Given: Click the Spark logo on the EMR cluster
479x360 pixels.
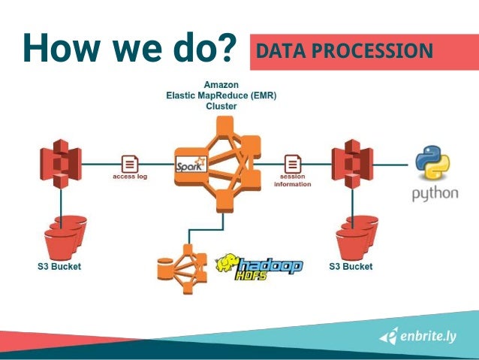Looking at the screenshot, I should [x=191, y=163].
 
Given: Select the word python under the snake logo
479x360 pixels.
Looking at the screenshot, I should [x=435, y=193].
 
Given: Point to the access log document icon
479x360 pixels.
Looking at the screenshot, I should [x=130, y=163].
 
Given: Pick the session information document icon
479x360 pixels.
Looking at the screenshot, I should [x=293, y=163].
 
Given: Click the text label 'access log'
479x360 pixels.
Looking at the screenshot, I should [x=130, y=178].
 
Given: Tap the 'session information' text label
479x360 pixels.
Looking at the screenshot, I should [x=293, y=180].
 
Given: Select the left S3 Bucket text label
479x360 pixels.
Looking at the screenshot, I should [x=61, y=267].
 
